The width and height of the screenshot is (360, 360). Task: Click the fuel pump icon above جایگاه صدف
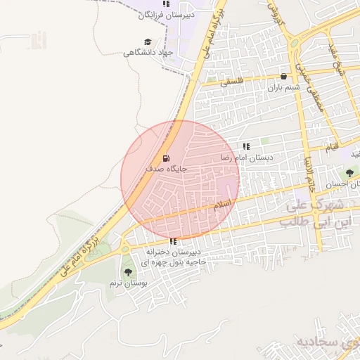(x=166, y=158)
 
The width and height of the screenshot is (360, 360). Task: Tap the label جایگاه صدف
(x=167, y=169)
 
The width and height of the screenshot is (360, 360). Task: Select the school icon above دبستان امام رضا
(x=246, y=146)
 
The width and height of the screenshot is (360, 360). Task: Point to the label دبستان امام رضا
(x=247, y=157)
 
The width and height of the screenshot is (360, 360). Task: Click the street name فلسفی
(x=235, y=82)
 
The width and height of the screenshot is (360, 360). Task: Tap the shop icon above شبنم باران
(x=283, y=76)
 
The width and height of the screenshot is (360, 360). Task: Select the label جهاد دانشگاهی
(x=148, y=53)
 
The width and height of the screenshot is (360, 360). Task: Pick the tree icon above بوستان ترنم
(x=127, y=271)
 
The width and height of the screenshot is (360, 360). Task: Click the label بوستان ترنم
(x=127, y=283)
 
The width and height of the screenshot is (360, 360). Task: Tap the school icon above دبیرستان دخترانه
(x=173, y=241)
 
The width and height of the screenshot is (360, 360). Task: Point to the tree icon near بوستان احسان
(x=349, y=173)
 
